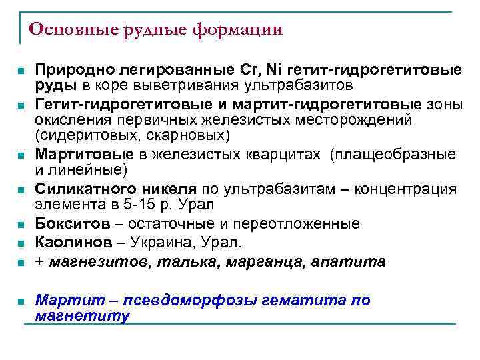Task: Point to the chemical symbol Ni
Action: pyautogui.click(x=275, y=70)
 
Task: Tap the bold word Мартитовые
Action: pyautogui.click(x=74, y=155)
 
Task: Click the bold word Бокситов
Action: pyautogui.click(x=62, y=223)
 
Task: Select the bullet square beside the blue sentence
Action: pyautogui.click(x=21, y=301)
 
